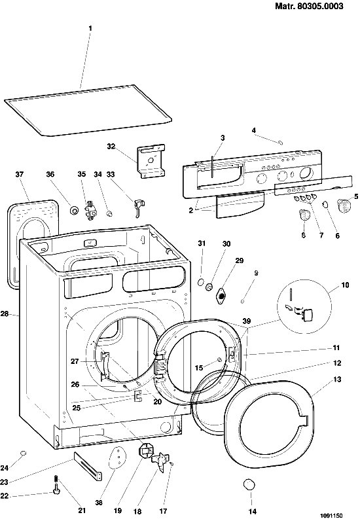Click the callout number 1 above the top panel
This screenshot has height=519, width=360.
[x=90, y=28]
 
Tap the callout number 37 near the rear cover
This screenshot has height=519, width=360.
[x=20, y=174]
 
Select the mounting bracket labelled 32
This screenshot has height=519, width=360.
[x=151, y=161]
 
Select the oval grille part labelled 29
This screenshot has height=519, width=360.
[x=221, y=296]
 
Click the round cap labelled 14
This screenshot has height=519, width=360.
[x=249, y=484]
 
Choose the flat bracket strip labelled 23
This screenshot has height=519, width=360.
[x=87, y=466]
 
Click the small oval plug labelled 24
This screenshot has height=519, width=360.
[x=23, y=453]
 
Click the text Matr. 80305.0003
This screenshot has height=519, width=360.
[x=310, y=6]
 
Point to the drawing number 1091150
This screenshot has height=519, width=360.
[x=331, y=515]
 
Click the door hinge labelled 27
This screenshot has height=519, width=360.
[x=104, y=365]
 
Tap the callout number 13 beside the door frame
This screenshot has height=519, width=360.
[x=337, y=380]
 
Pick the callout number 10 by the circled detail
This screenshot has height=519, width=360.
[x=345, y=285]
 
